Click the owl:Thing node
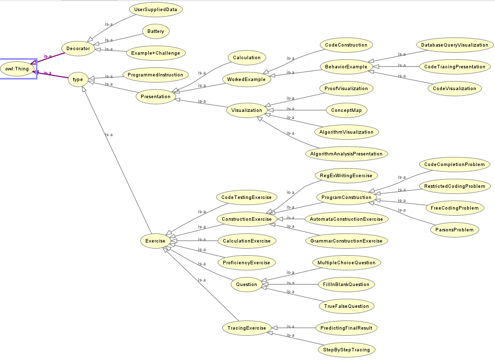(x=18, y=68)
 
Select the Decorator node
(x=78, y=49)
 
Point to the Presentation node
(x=155, y=96)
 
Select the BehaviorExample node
(x=347, y=66)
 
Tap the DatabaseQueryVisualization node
(x=455, y=45)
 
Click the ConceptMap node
(x=346, y=109)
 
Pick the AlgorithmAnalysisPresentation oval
(x=347, y=153)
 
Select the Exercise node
(x=155, y=241)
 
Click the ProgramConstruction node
(x=347, y=197)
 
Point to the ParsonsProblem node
(x=455, y=230)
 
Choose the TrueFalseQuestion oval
(x=347, y=306)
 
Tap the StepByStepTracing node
(x=347, y=349)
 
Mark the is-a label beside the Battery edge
(x=108, y=40)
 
